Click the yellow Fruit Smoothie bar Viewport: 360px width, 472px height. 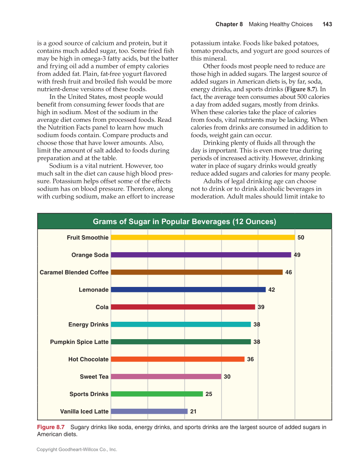coord(203,238)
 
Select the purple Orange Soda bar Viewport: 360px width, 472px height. coord(201,255)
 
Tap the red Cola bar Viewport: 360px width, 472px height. coord(183,307)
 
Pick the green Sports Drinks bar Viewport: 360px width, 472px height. coord(157,394)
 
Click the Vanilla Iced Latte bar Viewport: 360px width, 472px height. coord(149,411)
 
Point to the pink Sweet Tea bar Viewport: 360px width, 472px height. coord(166,376)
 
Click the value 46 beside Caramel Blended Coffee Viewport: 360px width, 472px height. coord(288,273)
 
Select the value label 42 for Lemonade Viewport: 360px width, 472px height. coord(272,290)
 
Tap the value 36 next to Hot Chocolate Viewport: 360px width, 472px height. coord(250,360)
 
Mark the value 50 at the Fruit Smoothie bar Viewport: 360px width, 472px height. coord(301,238)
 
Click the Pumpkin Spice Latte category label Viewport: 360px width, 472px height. coord(79,342)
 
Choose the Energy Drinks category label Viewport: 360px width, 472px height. coord(88,325)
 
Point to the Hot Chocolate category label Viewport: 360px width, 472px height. coord(88,360)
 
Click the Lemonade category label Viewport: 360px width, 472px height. coord(94,290)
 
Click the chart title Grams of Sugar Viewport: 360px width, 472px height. coord(184,222)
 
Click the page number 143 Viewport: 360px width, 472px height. coord(327,24)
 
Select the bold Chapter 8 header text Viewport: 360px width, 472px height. coord(229,24)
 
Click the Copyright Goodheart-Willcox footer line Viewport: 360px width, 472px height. coord(77,450)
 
